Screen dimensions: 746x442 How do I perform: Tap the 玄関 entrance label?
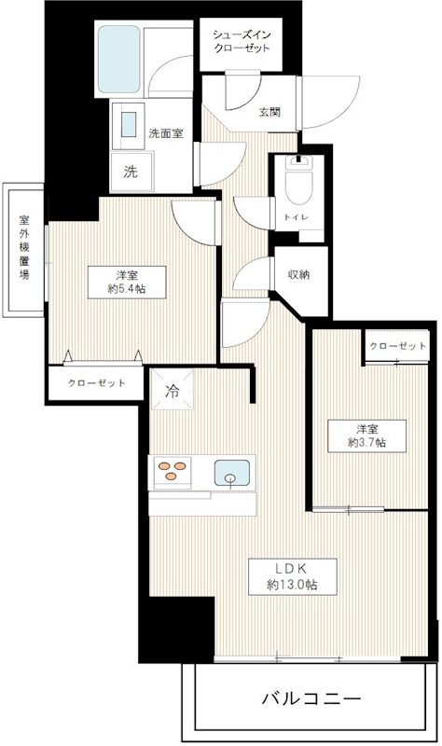(269, 112)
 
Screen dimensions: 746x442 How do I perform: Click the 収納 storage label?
(299, 274)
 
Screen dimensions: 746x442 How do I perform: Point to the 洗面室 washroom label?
(165, 132)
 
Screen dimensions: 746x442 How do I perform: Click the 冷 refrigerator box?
(173, 392)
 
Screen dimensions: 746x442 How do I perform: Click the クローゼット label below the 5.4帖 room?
(96, 382)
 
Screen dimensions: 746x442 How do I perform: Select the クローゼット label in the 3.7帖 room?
(396, 347)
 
